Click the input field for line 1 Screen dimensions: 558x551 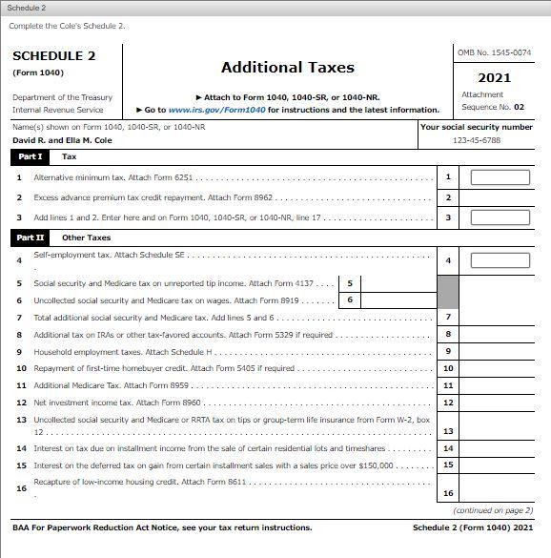500,176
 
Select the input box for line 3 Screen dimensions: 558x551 500,217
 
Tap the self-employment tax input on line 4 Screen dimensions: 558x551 500,260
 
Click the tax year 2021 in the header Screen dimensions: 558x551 494,78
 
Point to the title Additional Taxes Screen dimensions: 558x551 287,68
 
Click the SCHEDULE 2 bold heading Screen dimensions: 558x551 54,56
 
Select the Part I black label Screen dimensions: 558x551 31,156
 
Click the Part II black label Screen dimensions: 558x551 31,238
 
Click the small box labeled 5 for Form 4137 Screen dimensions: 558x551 350,283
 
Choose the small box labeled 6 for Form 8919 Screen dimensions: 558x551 350,300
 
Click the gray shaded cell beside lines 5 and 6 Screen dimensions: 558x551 448,292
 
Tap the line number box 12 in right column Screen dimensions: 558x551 448,403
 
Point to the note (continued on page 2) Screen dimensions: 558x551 500,510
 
